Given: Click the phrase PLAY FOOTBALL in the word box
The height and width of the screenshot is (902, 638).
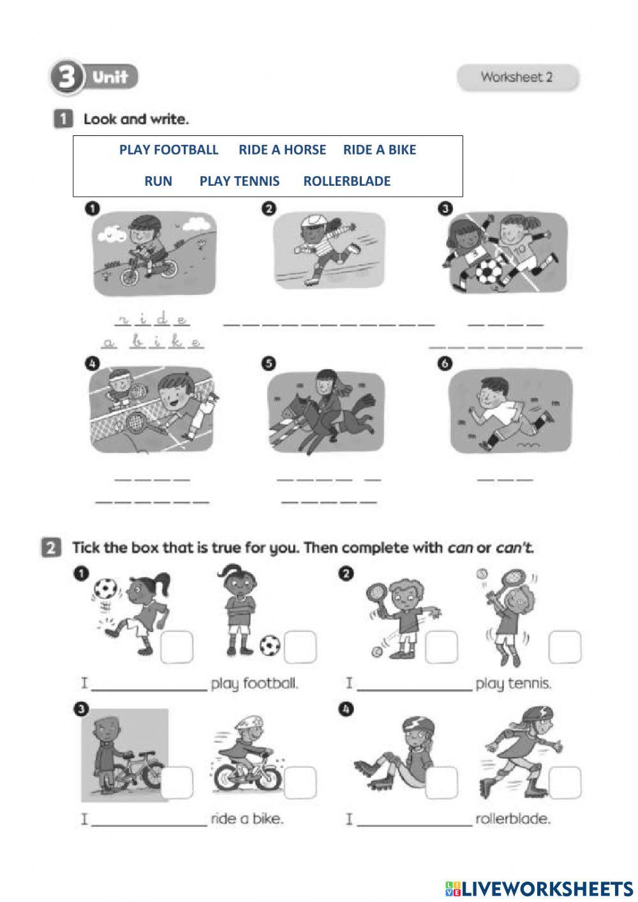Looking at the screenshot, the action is (168, 150).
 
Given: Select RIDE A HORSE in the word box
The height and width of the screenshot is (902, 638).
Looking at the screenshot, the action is (282, 150).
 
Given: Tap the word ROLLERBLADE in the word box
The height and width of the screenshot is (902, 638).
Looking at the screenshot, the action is (346, 181).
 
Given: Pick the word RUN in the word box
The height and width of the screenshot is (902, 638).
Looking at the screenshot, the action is (158, 181).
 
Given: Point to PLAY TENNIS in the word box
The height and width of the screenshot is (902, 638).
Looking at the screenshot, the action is (239, 181).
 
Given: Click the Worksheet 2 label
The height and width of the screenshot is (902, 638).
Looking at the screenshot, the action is (517, 77).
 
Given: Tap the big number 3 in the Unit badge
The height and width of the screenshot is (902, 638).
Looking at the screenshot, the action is (66, 77).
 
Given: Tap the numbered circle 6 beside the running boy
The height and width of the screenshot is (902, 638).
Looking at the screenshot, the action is (445, 364).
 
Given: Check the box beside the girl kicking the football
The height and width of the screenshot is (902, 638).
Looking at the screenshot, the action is (177, 647).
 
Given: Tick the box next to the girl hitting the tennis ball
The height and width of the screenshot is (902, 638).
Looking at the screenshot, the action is (565, 647).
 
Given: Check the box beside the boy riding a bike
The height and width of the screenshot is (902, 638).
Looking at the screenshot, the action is (300, 783).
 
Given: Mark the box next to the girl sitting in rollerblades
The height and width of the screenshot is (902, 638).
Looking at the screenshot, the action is (441, 783).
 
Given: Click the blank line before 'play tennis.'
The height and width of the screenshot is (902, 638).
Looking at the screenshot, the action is (415, 690).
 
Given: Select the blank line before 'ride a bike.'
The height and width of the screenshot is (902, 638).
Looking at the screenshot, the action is (149, 825).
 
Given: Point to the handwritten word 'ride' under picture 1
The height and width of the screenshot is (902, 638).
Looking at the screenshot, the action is (152, 320).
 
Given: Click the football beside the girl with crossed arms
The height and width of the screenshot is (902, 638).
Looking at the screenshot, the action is (270, 645).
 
